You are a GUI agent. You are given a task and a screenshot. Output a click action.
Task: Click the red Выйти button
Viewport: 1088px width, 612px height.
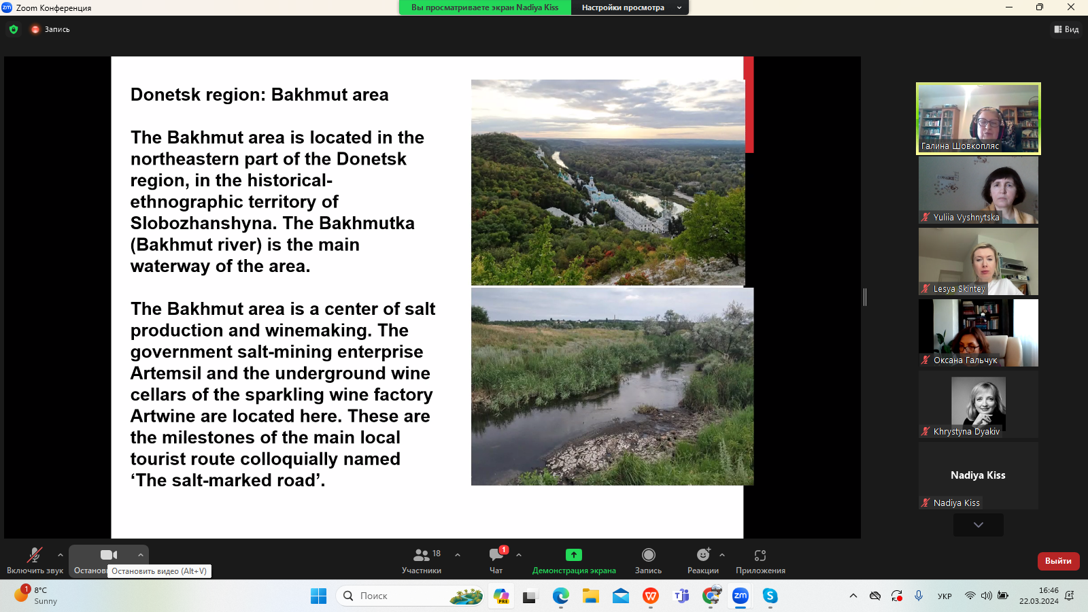[x=1058, y=561]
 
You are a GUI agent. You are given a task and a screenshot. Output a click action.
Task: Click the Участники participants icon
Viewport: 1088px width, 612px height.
[x=421, y=555]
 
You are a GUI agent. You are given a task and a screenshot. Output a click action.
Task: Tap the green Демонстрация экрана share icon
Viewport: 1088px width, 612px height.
[x=574, y=555]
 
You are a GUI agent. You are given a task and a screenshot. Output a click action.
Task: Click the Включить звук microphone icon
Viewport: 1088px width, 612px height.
[x=35, y=555]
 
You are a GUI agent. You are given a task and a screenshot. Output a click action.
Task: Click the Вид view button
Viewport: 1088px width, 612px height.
[x=1066, y=29]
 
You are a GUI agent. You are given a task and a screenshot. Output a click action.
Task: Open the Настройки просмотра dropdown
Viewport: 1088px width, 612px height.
[x=630, y=7]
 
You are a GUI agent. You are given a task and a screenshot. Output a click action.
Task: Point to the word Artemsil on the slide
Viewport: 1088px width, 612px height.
[x=166, y=373]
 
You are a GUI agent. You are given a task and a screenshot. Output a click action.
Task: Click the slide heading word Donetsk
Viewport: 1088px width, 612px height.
[x=166, y=95]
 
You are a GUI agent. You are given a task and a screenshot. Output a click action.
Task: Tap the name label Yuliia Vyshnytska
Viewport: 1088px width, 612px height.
[x=966, y=217]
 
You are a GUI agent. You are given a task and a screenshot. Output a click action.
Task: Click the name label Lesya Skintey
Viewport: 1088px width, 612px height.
[x=959, y=288]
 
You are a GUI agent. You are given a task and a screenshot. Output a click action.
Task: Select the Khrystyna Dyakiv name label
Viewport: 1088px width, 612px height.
[x=966, y=431]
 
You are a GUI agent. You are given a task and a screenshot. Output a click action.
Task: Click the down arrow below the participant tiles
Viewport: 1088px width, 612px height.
[x=979, y=525]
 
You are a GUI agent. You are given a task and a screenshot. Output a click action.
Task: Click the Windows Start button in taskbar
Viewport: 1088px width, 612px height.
[x=319, y=596]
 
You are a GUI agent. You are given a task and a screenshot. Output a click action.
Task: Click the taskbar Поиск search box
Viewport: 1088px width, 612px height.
[x=411, y=596]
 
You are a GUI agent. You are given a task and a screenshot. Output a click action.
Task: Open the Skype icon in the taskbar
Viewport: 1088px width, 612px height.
[x=770, y=596]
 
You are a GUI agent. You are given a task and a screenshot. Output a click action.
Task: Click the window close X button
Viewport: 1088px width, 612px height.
[x=1071, y=7]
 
